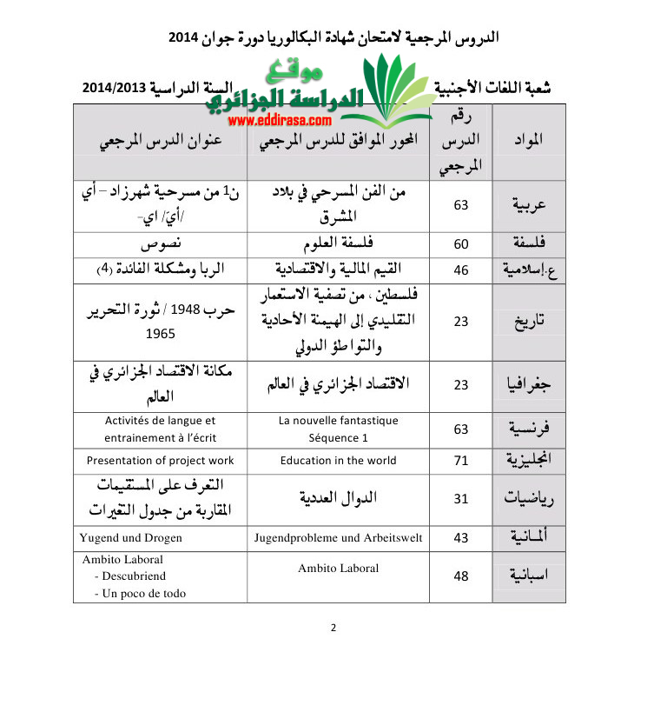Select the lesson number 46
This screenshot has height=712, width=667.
pyautogui.click(x=461, y=270)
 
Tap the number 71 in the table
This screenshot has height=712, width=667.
pyautogui.click(x=461, y=461)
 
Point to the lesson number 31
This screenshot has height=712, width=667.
pyautogui.click(x=461, y=498)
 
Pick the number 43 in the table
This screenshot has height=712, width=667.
pyautogui.click(x=461, y=539)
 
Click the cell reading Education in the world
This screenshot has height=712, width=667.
pyautogui.click(x=338, y=461)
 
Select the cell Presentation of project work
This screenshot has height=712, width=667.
pyautogui.click(x=161, y=461)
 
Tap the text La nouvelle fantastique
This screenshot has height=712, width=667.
pyautogui.click(x=339, y=421)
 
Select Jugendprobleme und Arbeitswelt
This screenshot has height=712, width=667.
pyautogui.click(x=338, y=538)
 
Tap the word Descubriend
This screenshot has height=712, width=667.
pyautogui.click(x=134, y=576)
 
